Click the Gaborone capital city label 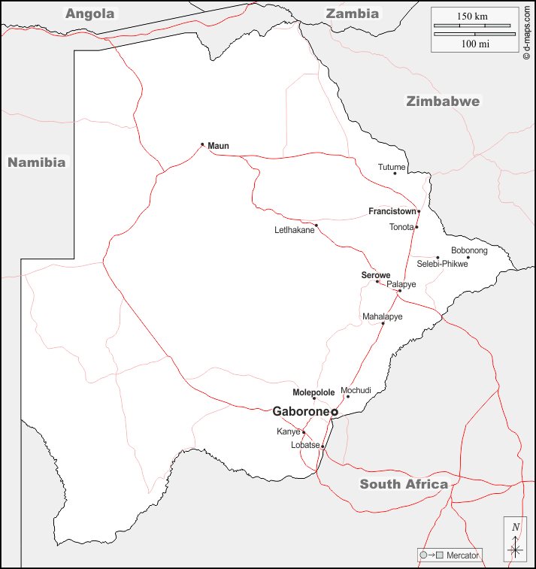pos(301,411)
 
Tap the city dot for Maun pos(202,144)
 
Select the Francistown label pos(392,211)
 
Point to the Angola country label pos(89,14)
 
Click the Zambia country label pos(351,14)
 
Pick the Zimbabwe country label pos(442,101)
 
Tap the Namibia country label pos(36,162)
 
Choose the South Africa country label pos(404,484)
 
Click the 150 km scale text pos(473,16)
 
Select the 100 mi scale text pos(475,44)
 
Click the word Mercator pos(462,555)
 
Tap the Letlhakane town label pos(294,230)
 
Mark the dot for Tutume pos(395,174)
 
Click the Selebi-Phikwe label pos(442,264)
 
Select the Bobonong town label pos(469,250)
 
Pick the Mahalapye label pos(382,316)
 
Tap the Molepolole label pos(313,392)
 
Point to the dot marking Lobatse pos(323,446)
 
